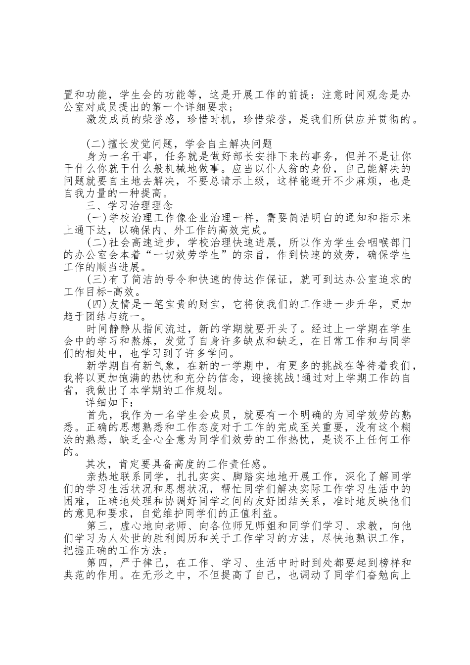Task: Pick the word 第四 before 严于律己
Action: pyautogui.click(x=97, y=562)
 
